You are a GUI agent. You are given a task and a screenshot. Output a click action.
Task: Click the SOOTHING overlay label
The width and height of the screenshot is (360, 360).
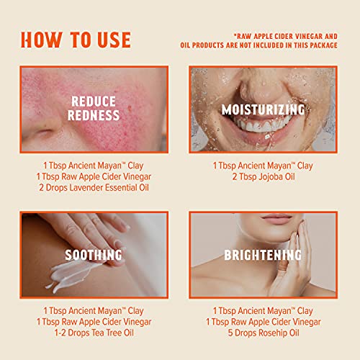coord(94,255)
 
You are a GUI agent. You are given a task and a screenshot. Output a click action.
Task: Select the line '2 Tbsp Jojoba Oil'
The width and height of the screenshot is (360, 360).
coord(263,177)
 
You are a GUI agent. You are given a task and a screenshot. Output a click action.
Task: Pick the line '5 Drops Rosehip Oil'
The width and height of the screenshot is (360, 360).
coord(263,334)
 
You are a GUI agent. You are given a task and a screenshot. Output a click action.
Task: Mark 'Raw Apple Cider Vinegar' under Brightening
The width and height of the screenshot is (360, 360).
coord(263,323)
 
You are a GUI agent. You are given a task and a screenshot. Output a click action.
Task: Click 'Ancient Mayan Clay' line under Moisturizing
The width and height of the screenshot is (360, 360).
coord(263,166)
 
